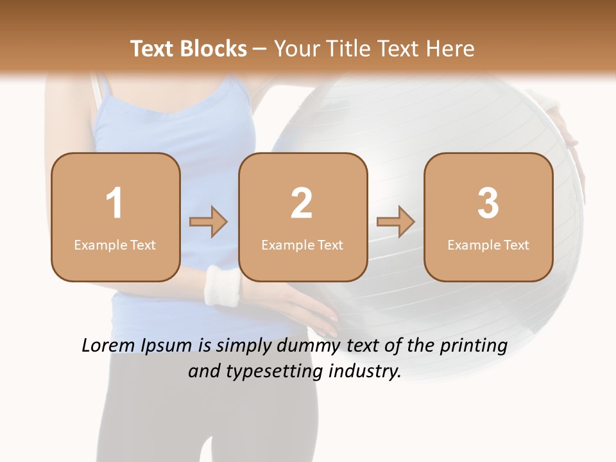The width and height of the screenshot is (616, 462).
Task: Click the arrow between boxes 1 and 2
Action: pyautogui.click(x=209, y=222)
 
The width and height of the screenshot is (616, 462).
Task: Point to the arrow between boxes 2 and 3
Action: pyautogui.click(x=395, y=222)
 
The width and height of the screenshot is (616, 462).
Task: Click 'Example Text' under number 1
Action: pyautogui.click(x=115, y=244)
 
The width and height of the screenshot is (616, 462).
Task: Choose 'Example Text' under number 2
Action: pyautogui.click(x=302, y=244)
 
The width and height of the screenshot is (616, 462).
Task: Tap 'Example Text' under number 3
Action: pyautogui.click(x=488, y=244)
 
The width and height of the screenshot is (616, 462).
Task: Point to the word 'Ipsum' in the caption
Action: pyautogui.click(x=166, y=346)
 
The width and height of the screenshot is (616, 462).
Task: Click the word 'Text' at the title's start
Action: pyautogui.click(x=152, y=49)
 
